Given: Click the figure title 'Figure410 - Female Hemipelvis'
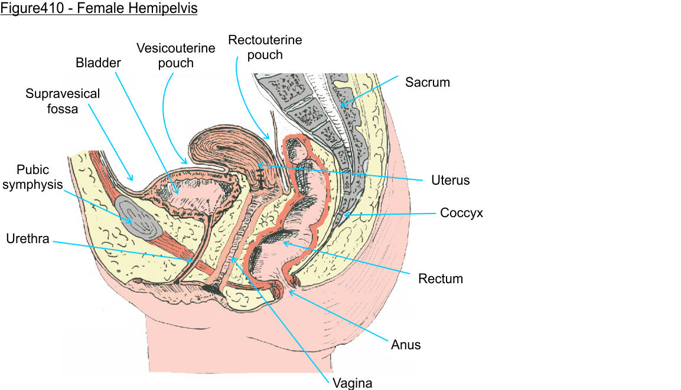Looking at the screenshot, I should [99, 9].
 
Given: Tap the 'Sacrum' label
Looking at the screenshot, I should [427, 82].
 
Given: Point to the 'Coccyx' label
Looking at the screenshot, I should [461, 213].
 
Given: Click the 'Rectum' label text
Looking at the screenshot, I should [440, 278].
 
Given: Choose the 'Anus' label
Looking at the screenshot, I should [406, 344].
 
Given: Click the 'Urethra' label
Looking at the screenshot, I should [27, 239].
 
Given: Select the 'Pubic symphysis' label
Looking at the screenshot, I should [39, 177].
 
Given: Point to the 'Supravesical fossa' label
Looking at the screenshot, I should [63, 101].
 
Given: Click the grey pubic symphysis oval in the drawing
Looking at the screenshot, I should [137, 217].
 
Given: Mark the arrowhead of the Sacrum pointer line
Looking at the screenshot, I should [341, 106].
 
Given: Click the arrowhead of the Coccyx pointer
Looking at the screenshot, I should [344, 215].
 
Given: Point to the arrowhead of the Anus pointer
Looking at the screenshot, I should [289, 291].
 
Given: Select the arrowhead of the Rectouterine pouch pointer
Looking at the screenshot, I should [269, 138].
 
